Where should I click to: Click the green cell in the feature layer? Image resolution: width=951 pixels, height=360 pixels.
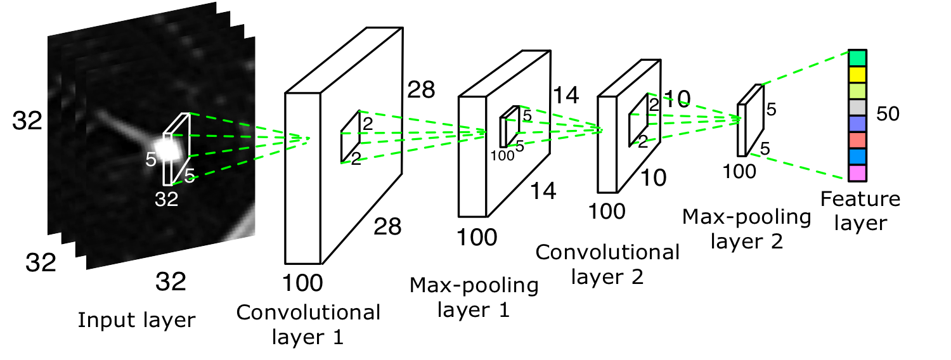[857, 58]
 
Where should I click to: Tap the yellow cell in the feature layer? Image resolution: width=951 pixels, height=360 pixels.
[857, 74]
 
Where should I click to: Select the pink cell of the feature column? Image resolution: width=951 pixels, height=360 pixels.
[857, 172]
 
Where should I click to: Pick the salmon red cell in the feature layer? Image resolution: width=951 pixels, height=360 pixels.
[857, 139]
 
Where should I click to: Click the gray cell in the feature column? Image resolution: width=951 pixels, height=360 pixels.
[857, 106]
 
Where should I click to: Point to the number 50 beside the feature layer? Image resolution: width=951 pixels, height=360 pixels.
[888, 114]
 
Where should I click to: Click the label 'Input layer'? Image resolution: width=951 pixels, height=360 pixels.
[136, 320]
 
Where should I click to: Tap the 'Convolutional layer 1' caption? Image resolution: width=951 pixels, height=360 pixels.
[308, 324]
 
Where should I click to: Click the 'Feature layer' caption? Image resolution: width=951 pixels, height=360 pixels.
[860, 211]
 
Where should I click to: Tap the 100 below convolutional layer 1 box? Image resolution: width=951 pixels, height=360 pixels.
[303, 281]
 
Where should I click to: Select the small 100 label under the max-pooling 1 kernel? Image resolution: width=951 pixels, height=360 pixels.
[501, 155]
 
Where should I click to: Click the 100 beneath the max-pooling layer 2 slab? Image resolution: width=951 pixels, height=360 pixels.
[739, 171]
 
